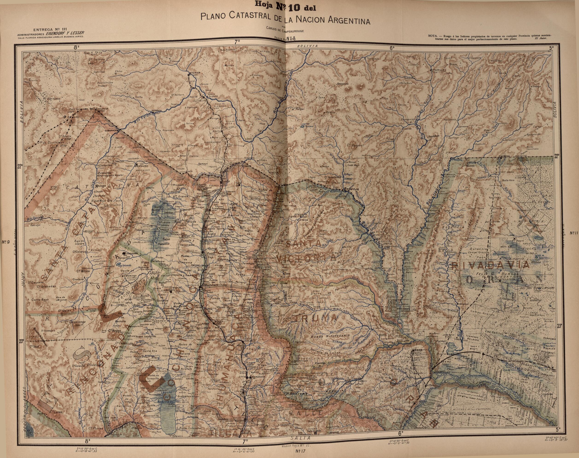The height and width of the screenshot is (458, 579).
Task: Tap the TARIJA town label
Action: (440, 70)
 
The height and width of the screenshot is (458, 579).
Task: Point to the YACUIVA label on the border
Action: (504, 156)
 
